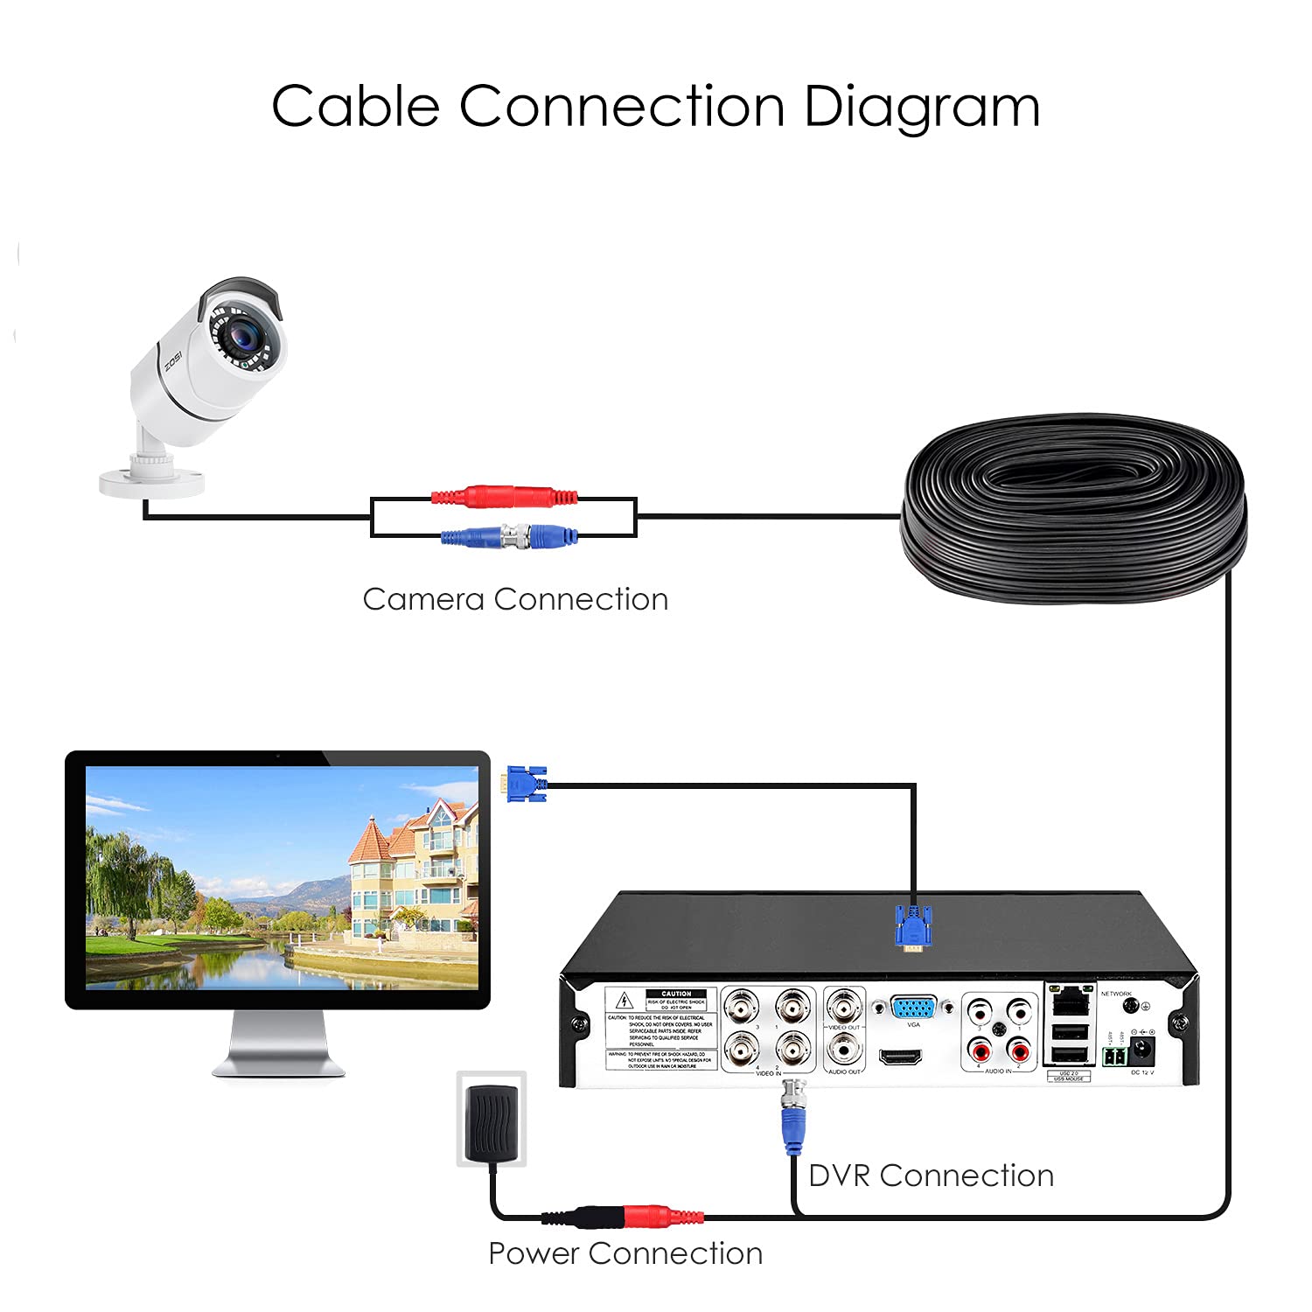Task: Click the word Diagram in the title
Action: tap(921, 108)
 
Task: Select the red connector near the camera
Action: tap(505, 497)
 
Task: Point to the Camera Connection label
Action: tap(515, 600)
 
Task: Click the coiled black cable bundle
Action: tap(1074, 507)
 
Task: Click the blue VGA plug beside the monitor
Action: tap(525, 783)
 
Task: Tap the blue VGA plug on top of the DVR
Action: tap(913, 928)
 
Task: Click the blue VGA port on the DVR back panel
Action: tap(913, 1008)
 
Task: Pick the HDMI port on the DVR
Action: tap(900, 1057)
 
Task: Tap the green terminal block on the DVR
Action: tap(1113, 1057)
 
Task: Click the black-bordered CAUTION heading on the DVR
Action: tap(676, 994)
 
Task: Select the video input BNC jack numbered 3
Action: tap(742, 1008)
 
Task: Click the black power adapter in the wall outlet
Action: tap(492, 1121)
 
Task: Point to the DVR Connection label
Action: tap(931, 1176)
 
